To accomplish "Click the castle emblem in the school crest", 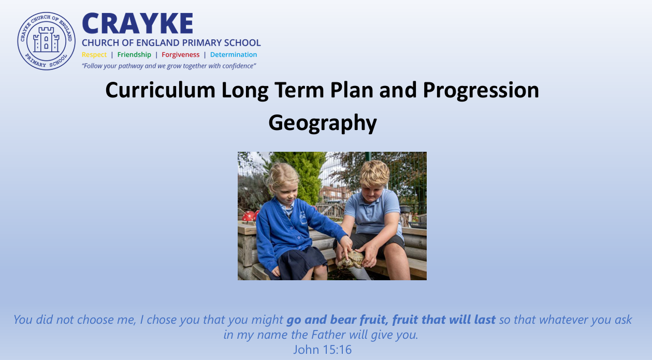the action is coord(46,40).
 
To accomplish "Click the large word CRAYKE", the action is coord(138,24).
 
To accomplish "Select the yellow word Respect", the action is coord(94,55).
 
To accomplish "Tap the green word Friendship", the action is coord(134,55).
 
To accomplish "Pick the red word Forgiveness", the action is coord(180,55).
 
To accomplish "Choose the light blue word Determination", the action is coord(234,55).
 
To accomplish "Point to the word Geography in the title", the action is coord(323,123).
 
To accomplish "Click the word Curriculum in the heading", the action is coord(160,90).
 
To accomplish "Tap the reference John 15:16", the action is coord(323,350).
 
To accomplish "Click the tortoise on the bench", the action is coord(351,259).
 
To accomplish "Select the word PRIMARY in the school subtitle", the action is coord(202,43).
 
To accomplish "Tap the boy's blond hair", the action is coord(374,172).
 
